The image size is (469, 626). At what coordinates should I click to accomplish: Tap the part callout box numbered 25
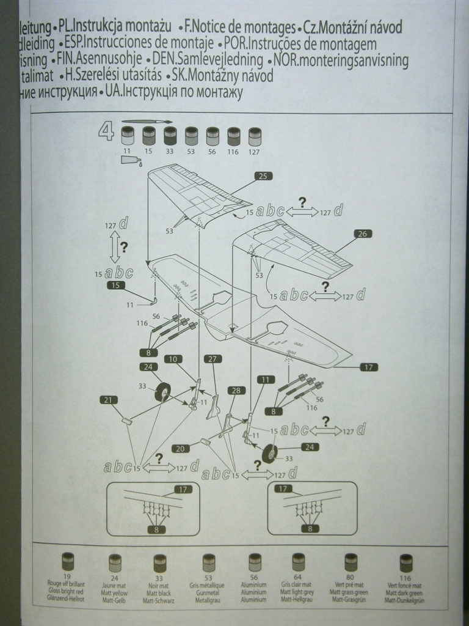pyautogui.click(x=263, y=176)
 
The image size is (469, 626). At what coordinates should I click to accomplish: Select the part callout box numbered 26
pyautogui.click(x=362, y=234)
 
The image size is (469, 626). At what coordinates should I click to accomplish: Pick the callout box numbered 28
pyautogui.click(x=236, y=390)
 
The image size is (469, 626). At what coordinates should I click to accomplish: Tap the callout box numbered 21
pyautogui.click(x=108, y=400)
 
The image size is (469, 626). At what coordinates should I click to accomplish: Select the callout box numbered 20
pyautogui.click(x=180, y=449)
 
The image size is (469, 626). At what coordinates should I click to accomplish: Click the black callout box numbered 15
pyautogui.click(x=116, y=285)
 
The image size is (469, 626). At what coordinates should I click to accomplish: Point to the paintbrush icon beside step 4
pyautogui.click(x=147, y=122)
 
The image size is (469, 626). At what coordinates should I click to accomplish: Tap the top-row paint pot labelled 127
pyautogui.click(x=255, y=136)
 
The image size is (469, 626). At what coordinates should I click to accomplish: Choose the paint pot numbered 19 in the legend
pyautogui.click(x=68, y=561)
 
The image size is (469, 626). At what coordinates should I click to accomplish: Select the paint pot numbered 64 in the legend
pyautogui.click(x=298, y=561)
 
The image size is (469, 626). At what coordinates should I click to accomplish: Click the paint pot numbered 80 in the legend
pyautogui.click(x=351, y=561)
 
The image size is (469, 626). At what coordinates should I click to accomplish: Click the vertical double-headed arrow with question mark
pyautogui.click(x=115, y=247)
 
